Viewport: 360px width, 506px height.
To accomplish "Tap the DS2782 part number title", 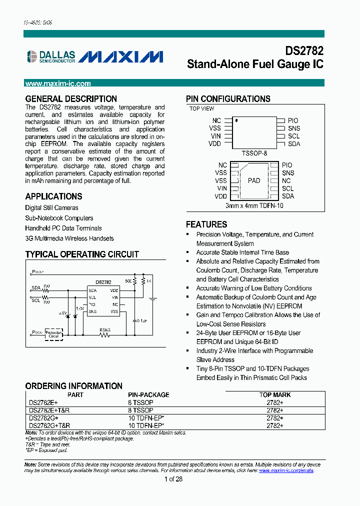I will [304, 51].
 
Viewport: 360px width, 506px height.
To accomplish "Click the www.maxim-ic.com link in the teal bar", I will [58, 84].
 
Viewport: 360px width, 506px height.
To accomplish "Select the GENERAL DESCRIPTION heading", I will [71, 99].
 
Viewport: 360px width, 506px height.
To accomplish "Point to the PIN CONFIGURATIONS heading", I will [228, 99].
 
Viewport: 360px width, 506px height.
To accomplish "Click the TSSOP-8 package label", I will [255, 153].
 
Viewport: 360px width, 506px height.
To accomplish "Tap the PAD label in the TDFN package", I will [254, 180].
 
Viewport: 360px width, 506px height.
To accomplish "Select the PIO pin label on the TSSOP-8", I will [293, 120].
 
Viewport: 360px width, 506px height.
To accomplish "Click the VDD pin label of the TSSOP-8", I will [215, 144].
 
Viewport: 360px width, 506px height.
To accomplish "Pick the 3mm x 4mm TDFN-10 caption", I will [254, 205].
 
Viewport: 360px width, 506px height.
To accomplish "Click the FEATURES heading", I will [206, 224].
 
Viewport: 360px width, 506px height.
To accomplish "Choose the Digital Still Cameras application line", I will [52, 207].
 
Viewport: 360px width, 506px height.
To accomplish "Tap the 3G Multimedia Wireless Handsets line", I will [69, 238].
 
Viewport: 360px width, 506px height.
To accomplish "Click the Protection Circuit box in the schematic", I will [53, 334].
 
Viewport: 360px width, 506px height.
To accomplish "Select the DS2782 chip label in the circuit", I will [103, 282].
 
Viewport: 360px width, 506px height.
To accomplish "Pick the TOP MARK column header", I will [275, 395].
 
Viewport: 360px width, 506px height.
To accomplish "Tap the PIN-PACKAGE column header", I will [148, 395].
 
